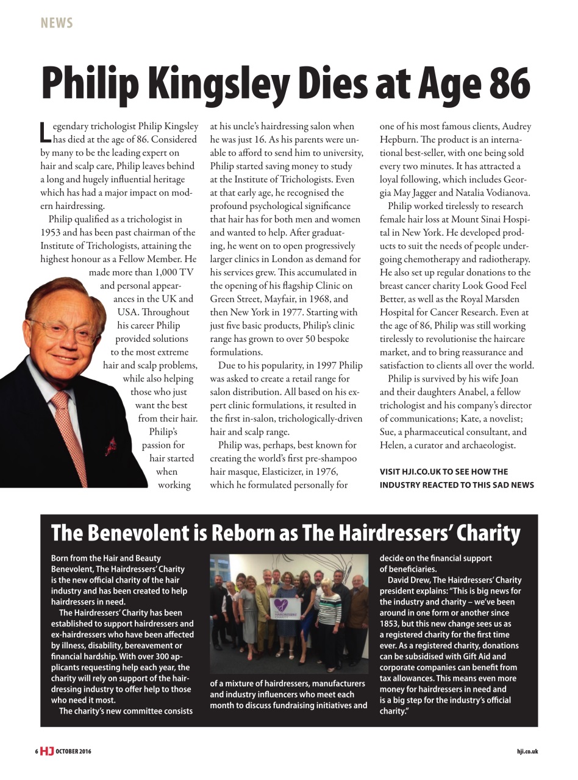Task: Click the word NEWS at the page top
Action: coord(57,23)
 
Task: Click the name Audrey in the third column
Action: coord(516,127)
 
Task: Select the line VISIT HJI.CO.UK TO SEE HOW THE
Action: coord(443,472)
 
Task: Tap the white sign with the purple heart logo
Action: coord(286,611)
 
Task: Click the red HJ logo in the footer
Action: coord(47,751)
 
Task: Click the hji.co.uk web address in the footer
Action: coord(527,751)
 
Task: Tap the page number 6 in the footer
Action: coord(36,751)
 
